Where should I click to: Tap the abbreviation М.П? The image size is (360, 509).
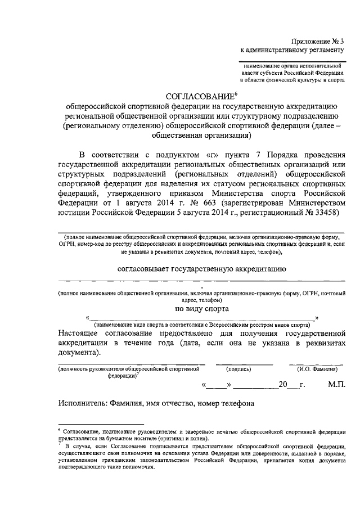[336, 385]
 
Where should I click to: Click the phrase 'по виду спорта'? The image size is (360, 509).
[201, 308]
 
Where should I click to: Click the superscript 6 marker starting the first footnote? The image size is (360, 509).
[60, 429]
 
